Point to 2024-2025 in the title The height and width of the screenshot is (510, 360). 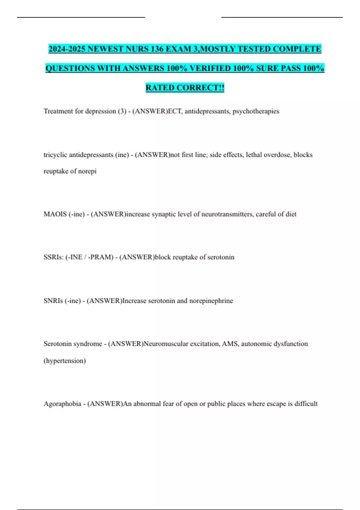point(67,49)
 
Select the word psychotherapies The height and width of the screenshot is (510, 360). point(256,111)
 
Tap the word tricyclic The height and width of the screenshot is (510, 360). point(55,155)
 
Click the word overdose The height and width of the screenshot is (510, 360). point(277,155)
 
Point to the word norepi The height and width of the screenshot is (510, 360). point(87,171)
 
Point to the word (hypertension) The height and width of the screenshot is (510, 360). point(65,361)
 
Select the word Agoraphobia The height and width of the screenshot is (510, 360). point(62,404)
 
